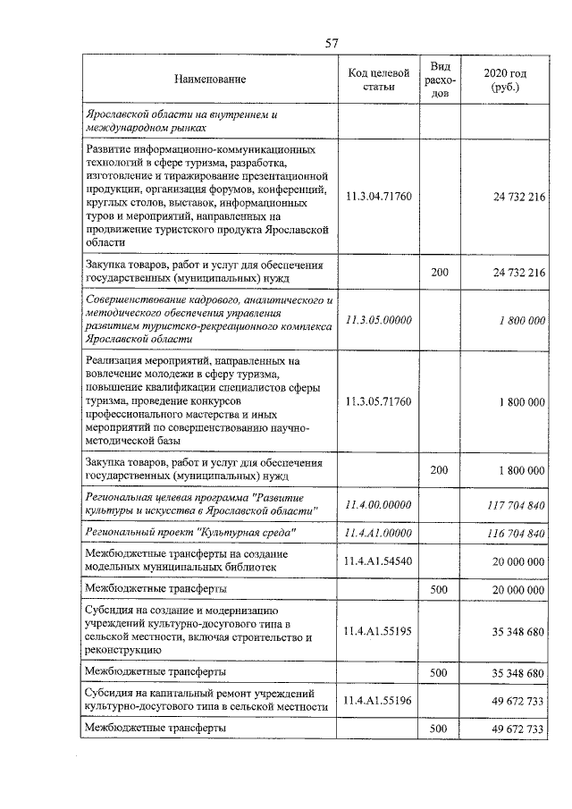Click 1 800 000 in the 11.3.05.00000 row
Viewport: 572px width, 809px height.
click(520, 320)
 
